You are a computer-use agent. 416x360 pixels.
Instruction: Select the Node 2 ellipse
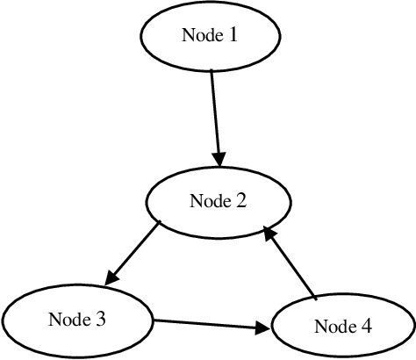[x=218, y=201]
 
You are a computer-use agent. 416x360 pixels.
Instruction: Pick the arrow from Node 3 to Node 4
[x=211, y=324]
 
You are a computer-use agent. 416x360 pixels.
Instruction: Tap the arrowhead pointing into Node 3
[x=111, y=277]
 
